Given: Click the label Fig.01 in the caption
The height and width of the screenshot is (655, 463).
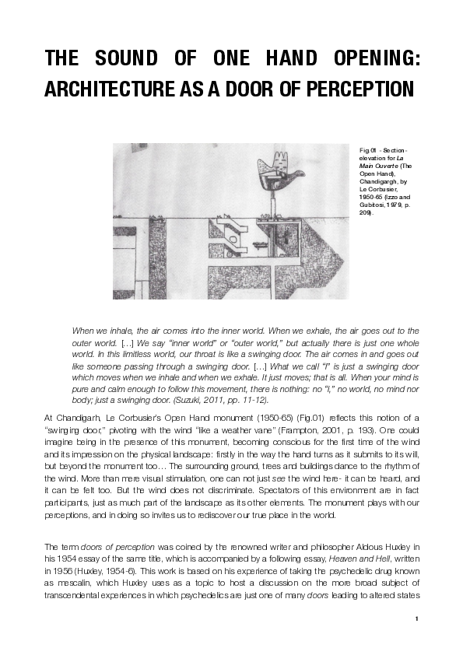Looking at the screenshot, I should (x=367, y=149).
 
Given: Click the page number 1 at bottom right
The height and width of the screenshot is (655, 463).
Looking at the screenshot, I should (x=417, y=619).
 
